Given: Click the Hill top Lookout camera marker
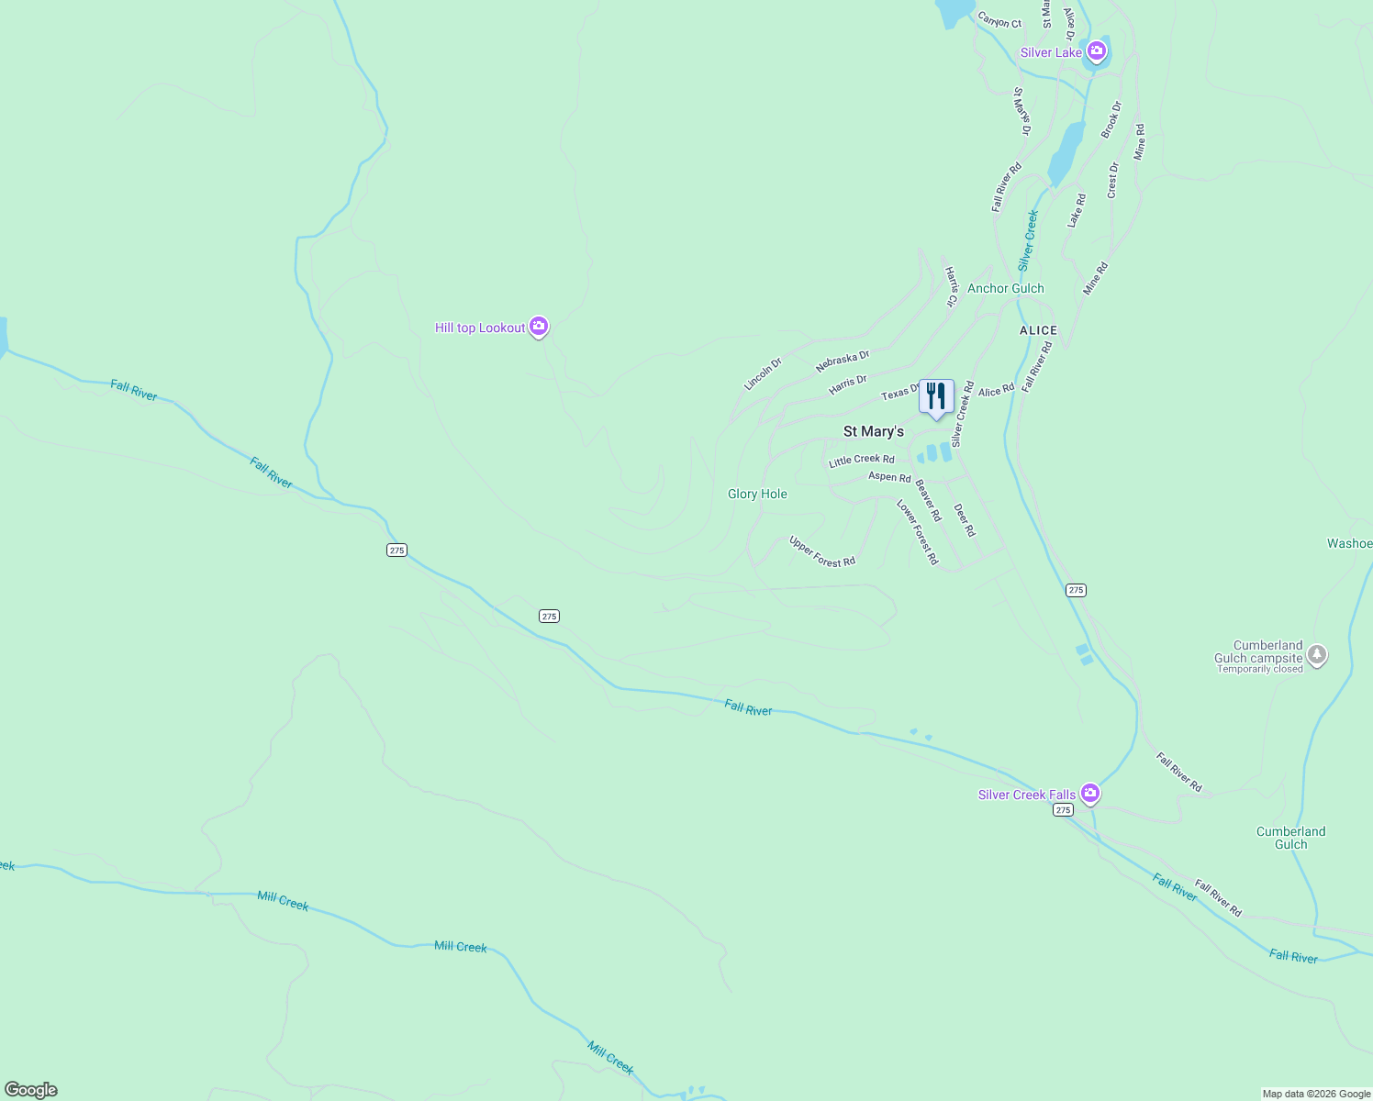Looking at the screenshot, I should click(x=539, y=326).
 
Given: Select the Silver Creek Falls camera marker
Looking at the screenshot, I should click(x=1089, y=793).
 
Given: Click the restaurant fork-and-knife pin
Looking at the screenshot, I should click(x=936, y=397).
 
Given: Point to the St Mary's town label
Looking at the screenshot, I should click(x=873, y=431).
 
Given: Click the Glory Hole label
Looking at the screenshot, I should click(x=757, y=494).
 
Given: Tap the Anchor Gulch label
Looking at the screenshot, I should click(x=1005, y=288).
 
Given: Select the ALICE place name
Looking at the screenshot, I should click(x=1038, y=330).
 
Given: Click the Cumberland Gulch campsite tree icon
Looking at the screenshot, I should click(x=1317, y=654).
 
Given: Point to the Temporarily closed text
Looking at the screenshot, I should click(x=1260, y=669).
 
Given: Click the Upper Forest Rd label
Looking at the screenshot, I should click(x=822, y=551).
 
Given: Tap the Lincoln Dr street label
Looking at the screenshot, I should click(x=763, y=373).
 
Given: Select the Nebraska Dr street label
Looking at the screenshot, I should click(x=842, y=361).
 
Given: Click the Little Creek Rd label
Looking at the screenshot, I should click(x=861, y=461).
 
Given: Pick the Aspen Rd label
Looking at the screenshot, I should click(x=889, y=477).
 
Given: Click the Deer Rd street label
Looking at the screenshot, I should click(x=965, y=520).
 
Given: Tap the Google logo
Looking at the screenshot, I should click(x=30, y=1090).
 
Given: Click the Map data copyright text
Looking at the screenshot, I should click(x=1315, y=1094).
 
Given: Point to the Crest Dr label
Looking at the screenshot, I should click(x=1113, y=181).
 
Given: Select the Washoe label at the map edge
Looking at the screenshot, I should click(x=1349, y=543).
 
